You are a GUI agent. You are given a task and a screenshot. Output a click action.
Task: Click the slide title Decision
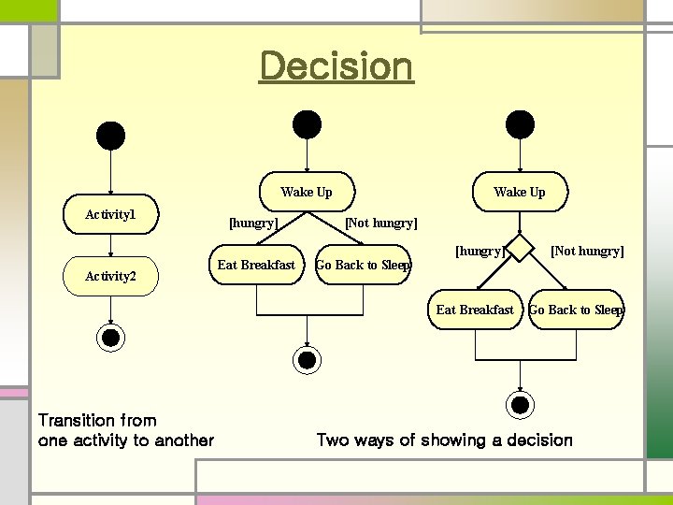tap(336, 67)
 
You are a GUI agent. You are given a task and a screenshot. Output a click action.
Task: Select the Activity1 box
tap(111, 215)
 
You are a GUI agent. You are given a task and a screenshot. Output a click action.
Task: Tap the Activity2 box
tap(111, 275)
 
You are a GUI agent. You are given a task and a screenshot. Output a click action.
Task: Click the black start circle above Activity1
tap(111, 137)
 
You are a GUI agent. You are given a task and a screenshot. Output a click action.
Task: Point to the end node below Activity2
tap(111, 338)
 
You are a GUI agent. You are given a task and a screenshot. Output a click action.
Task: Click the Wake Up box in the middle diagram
tap(306, 193)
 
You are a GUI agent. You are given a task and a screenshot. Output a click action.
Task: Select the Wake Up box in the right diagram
tap(519, 193)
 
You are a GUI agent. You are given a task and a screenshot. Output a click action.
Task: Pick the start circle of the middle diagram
tap(307, 124)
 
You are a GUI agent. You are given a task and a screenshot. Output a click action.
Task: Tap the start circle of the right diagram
tap(520, 124)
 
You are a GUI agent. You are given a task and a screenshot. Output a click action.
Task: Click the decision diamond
tap(520, 248)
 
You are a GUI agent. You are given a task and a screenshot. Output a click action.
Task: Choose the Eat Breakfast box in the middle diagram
tap(255, 265)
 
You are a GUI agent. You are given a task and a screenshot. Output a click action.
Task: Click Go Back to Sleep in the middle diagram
tap(363, 265)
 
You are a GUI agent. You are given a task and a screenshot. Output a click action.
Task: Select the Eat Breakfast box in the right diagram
tap(475, 310)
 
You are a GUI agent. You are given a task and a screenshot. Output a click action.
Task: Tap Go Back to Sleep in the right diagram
tap(576, 310)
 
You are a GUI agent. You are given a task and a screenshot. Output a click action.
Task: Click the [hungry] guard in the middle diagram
tap(253, 223)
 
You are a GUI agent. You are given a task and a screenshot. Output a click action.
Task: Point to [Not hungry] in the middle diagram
tap(381, 223)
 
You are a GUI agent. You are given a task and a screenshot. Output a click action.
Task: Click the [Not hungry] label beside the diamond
tap(587, 251)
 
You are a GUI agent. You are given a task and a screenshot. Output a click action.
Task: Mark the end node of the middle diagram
tap(306, 358)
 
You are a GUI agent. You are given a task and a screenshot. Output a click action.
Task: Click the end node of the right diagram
tap(520, 404)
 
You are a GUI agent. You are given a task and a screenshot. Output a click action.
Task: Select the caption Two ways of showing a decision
tap(444, 440)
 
